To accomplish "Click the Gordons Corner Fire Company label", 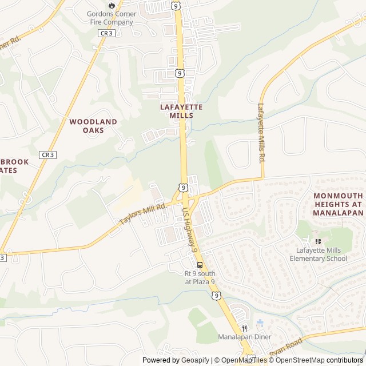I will [110, 18].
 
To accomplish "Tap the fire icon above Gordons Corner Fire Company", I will [111, 5].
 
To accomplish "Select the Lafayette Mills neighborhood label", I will [181, 111].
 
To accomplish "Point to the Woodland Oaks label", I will [93, 126].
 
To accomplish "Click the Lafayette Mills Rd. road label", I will [261, 133].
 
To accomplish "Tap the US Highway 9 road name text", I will [190, 230].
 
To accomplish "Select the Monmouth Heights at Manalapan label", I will [338, 204].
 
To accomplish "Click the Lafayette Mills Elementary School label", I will [321, 254].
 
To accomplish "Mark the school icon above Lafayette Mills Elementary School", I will [317, 241].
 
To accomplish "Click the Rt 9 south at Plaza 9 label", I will [200, 277].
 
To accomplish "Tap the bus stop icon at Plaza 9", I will [200, 265].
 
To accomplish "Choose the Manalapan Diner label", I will [244, 337].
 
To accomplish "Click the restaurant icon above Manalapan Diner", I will [244, 328].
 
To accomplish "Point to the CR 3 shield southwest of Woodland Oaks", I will [47, 154].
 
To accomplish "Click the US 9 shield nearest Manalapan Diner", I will [215, 296].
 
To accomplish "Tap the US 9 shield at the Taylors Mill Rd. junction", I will [182, 187].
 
